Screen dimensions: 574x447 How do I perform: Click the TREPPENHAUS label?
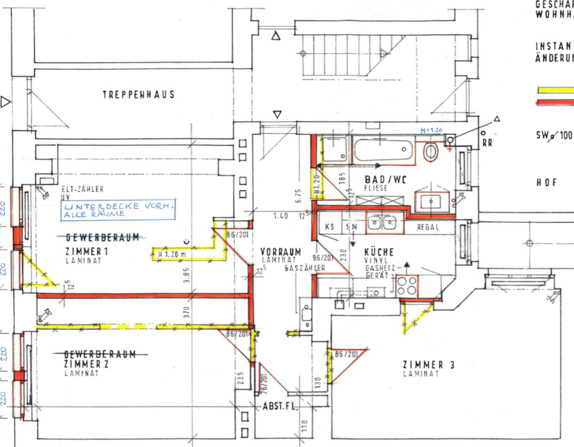coord(138,94)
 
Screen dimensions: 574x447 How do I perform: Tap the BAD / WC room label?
coord(386,179)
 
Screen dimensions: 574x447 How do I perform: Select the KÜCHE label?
coord(379,252)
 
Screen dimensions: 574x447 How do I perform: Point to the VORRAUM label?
coord(280,252)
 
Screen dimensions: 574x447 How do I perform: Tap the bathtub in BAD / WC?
coord(383,149)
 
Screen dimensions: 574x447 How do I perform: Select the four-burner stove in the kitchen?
coord(407,285)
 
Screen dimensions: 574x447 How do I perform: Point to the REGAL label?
coord(428,227)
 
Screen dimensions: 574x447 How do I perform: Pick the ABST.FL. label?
coord(277,406)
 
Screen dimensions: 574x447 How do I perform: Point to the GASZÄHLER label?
coord(304,268)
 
